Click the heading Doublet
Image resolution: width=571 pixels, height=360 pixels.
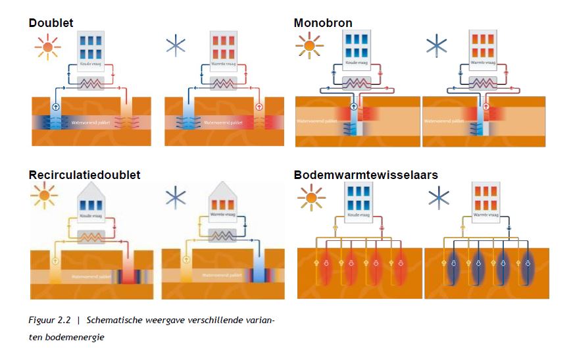51,23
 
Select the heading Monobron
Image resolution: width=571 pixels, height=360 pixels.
323,23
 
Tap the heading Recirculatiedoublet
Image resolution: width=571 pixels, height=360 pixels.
84,175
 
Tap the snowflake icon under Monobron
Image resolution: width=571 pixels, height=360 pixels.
437,45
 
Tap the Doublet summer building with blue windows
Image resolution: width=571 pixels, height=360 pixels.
89,50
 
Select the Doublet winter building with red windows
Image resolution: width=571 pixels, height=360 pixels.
223,50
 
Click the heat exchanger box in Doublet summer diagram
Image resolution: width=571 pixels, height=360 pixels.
90,84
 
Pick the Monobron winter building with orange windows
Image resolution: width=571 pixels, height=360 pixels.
485,48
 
